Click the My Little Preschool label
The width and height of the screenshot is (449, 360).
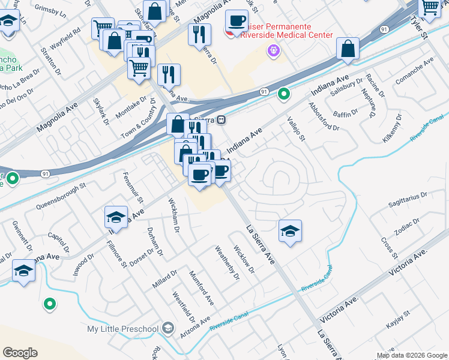(122, 329)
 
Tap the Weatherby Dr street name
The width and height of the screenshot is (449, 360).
(227, 262)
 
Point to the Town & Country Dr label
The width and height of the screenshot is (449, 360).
(142, 120)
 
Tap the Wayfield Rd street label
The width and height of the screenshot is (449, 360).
(65, 37)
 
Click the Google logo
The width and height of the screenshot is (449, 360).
(20, 353)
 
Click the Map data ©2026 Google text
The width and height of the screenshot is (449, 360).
(411, 355)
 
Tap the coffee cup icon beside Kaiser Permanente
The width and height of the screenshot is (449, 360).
(237, 21)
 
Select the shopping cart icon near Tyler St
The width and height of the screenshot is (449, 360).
(430, 7)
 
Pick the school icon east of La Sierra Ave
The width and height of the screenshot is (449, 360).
(290, 231)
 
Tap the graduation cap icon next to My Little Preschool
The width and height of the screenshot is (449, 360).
(168, 328)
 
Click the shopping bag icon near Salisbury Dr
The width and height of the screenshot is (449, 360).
(348, 49)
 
